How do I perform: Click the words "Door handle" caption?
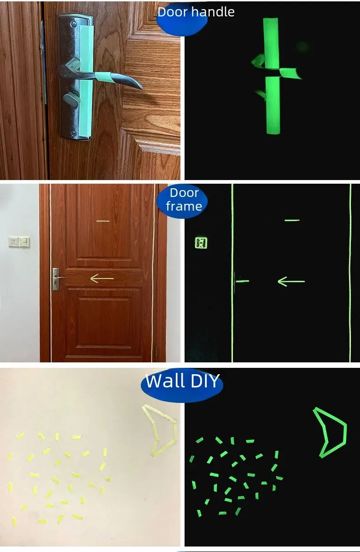(196, 12)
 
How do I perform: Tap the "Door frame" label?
(184, 199)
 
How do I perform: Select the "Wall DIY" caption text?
(182, 381)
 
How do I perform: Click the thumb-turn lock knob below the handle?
(71, 98)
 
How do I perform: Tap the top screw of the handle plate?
(74, 24)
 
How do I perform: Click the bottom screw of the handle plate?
(73, 134)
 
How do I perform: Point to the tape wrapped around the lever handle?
(104, 77)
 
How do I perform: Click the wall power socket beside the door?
(13, 242)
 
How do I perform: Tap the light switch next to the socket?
(24, 242)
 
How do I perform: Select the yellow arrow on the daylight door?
(102, 279)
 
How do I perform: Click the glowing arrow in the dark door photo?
(291, 281)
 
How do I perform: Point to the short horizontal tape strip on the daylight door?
(103, 221)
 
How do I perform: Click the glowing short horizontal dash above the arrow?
(292, 220)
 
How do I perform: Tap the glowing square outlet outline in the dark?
(201, 243)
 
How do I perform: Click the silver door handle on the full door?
(57, 279)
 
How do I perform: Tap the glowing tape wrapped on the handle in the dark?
(290, 73)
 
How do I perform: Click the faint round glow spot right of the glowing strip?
(303, 47)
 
